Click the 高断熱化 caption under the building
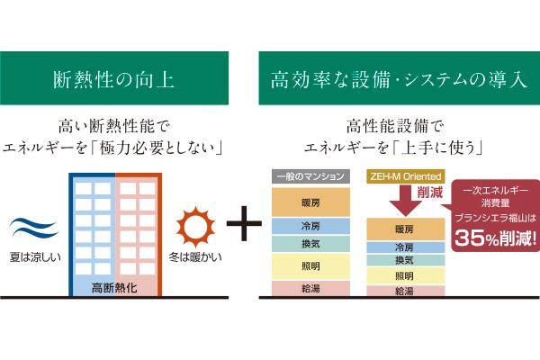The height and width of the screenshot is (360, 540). pos(114,288)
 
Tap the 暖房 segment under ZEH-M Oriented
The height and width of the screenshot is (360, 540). pos(404,229)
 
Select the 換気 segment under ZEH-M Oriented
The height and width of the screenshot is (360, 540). pos(404,260)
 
